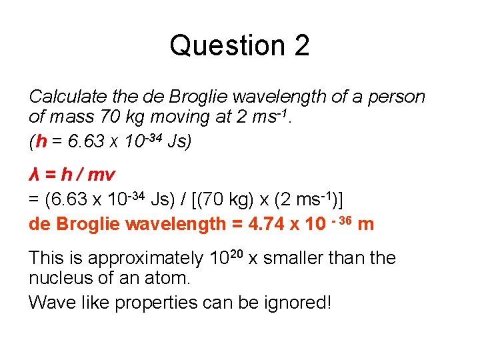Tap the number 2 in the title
coord(301,45)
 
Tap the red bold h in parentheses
coord(41,141)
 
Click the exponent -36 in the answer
coord(341,219)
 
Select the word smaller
coord(298,258)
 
